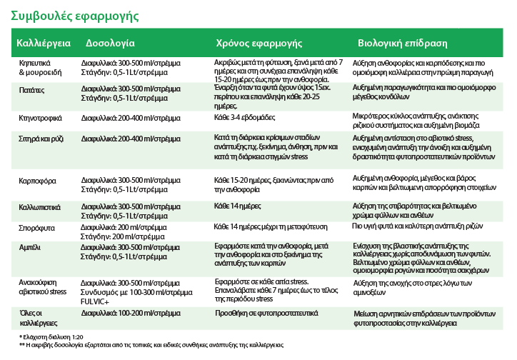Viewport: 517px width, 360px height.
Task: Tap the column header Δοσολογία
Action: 110,44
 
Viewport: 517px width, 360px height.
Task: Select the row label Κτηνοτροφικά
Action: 40,116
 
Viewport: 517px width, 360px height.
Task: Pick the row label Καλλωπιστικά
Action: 39,206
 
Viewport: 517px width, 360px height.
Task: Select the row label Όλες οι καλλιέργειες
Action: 33,316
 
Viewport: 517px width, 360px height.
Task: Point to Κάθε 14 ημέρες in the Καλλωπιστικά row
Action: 236,206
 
